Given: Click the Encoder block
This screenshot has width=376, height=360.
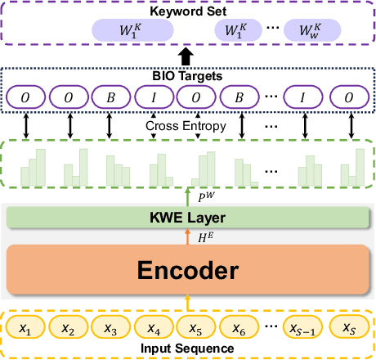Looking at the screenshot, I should coord(187,270).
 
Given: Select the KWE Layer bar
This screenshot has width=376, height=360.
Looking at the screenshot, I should coord(187,218).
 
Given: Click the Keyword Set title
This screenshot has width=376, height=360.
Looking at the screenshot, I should coord(187,10).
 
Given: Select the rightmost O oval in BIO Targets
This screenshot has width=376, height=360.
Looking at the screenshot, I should coord(350,97).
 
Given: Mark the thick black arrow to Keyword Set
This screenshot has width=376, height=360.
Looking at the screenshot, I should coord(187,56).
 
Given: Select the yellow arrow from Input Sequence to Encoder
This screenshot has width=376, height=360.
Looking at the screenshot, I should coord(187,302).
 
